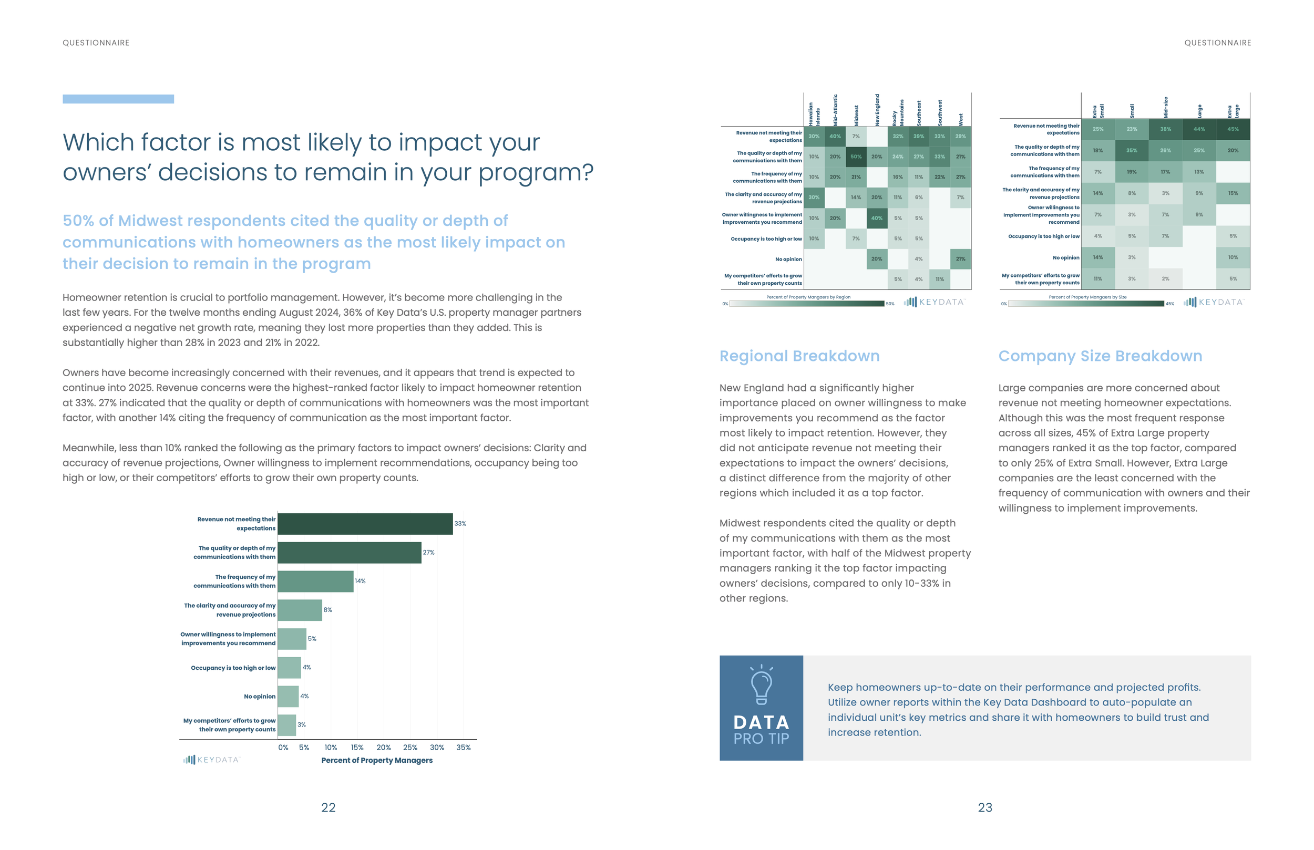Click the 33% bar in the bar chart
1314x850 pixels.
[365, 524]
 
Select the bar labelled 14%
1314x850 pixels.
[315, 581]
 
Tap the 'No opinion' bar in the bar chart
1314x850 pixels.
[288, 697]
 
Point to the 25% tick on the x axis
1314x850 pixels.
[410, 748]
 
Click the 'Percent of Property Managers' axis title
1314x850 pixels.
[377, 760]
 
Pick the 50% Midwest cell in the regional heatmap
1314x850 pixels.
[856, 157]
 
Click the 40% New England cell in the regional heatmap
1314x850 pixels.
[877, 218]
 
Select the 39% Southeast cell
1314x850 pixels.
[919, 137]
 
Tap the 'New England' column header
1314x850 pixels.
[877, 109]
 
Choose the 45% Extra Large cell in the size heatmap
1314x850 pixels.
[1233, 129]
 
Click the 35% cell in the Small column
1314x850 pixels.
[1132, 150]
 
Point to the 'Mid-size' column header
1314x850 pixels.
[1165, 107]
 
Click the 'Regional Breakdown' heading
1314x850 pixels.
[799, 356]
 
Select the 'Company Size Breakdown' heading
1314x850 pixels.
[1100, 356]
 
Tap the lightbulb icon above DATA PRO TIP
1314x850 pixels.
[762, 685]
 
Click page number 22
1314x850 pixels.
[328, 807]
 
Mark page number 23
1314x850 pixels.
[985, 807]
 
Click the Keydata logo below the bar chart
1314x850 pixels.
[211, 760]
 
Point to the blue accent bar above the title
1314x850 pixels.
[118, 99]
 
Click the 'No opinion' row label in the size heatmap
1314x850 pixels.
[1065, 258]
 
